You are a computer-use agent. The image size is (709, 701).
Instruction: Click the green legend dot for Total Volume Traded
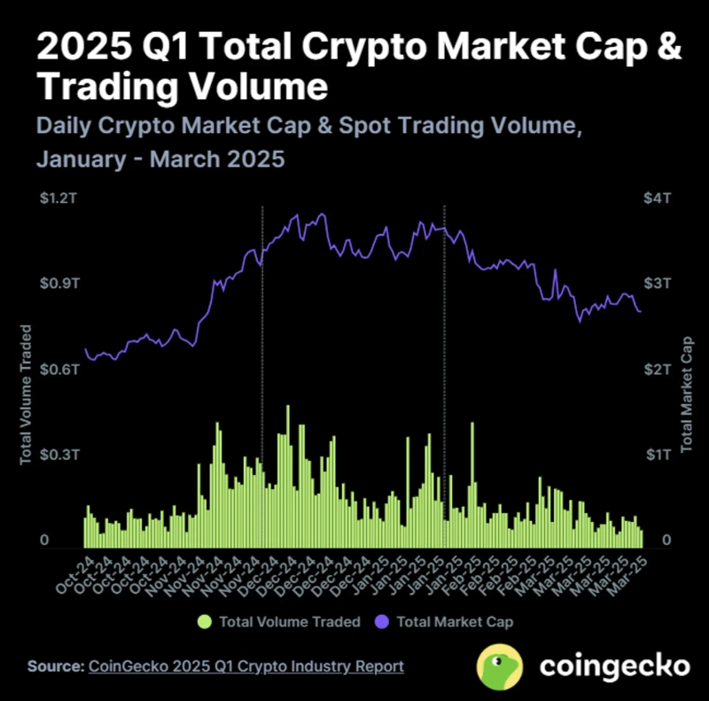click(x=206, y=621)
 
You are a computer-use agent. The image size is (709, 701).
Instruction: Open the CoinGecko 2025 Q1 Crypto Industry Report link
click(x=246, y=666)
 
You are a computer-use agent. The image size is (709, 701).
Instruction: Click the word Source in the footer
click(x=54, y=666)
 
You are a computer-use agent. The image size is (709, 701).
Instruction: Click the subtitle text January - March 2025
click(x=160, y=160)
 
